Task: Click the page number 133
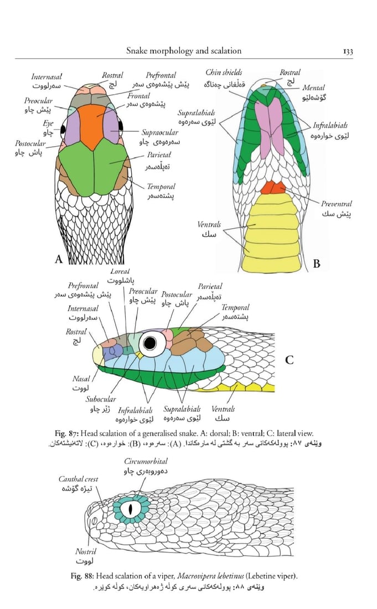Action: [x=348, y=51]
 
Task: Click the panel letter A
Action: [x=59, y=258]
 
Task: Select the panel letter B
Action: [x=316, y=264]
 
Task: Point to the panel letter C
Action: [x=289, y=360]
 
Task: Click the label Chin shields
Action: [x=224, y=73]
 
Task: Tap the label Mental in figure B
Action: [x=313, y=87]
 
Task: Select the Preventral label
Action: [x=336, y=204]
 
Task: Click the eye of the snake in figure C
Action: [x=148, y=343]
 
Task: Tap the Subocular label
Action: [x=101, y=399]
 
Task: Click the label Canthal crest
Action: [x=79, y=479]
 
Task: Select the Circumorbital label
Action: [x=146, y=461]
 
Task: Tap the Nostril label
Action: [x=86, y=552]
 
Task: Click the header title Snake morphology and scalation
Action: [x=184, y=51]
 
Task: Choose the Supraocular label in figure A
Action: [x=160, y=133]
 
